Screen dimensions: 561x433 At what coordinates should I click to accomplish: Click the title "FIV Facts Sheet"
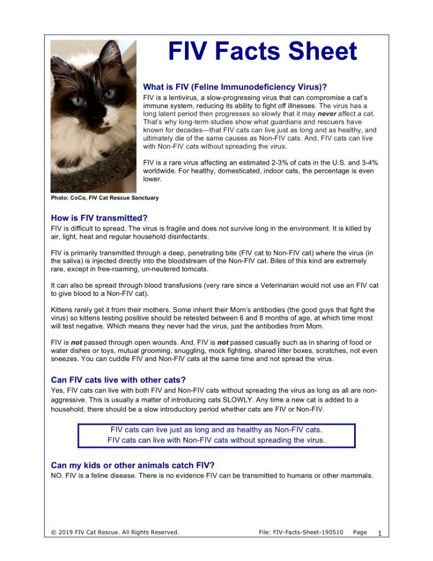pos(262,52)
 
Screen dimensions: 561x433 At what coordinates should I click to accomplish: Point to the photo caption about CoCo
pos(105,198)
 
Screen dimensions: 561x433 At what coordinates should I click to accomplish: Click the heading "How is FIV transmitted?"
pos(99,217)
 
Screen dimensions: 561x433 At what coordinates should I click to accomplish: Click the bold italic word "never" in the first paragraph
pos(327,114)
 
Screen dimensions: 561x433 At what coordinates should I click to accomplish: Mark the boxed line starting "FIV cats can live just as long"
pos(216,430)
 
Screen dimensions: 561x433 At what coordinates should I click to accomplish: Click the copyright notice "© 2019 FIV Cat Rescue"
pos(114,532)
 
